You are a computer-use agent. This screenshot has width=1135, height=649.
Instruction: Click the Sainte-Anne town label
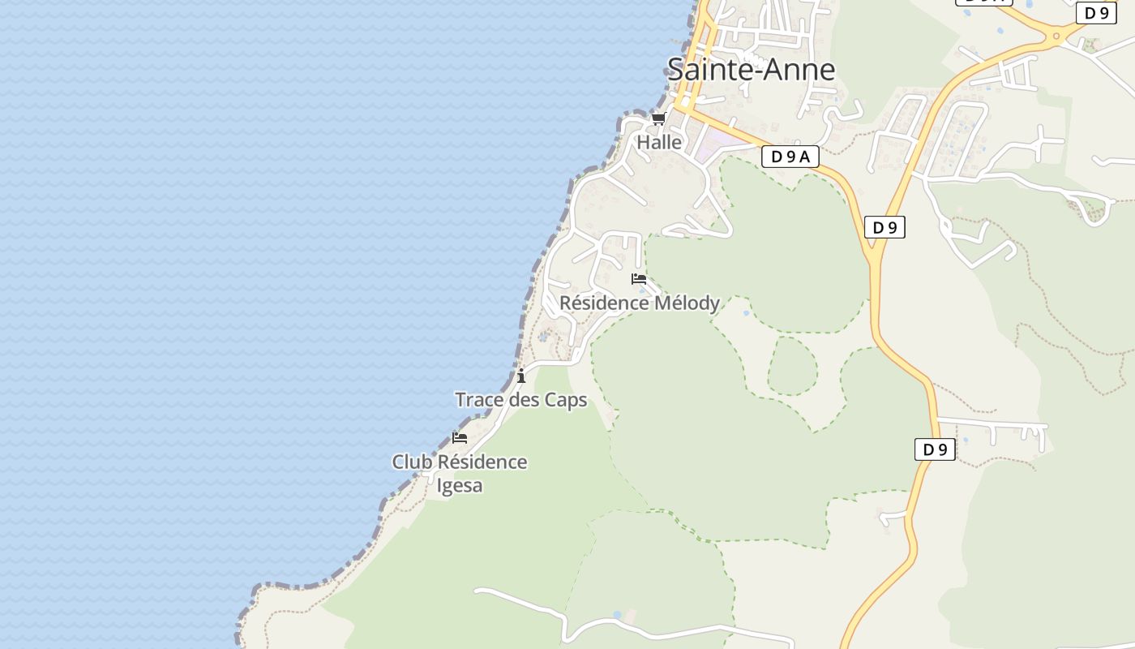(751, 70)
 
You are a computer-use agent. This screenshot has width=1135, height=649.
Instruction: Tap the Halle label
(659, 142)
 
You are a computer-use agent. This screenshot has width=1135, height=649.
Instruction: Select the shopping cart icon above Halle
(658, 119)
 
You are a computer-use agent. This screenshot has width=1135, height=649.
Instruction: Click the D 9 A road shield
(790, 157)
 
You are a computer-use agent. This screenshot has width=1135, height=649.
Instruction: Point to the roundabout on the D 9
(1055, 35)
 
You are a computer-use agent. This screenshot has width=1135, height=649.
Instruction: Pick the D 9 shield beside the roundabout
(1096, 13)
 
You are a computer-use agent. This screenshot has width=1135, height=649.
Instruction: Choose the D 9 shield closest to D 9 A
(884, 227)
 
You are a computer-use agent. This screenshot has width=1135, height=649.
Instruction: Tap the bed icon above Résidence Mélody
(639, 279)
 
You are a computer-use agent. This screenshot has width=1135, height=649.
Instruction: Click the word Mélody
(687, 303)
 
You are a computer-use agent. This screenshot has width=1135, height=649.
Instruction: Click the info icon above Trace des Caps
(521, 376)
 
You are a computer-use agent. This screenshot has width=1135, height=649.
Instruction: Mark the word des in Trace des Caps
(525, 400)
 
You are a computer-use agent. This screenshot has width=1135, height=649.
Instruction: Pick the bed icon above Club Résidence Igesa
(460, 438)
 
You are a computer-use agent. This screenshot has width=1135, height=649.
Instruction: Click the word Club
(413, 462)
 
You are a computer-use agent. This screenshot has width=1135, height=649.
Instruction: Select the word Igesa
(460, 486)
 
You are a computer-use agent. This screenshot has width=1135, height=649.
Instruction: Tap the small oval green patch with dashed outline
(792, 366)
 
